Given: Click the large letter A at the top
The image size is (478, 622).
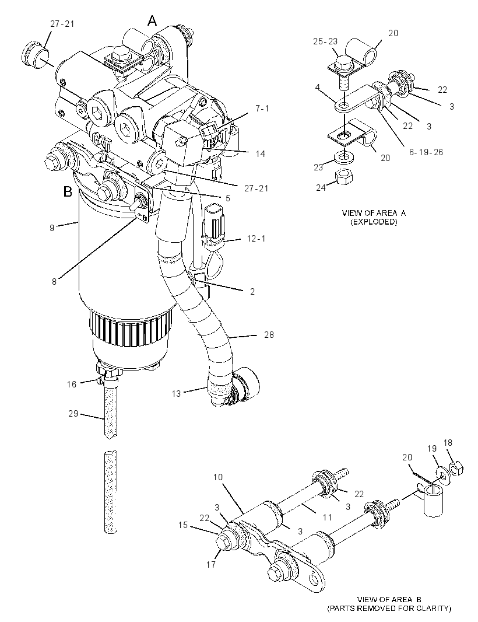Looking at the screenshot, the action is pos(152,20).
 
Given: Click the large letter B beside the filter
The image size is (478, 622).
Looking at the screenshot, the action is pos(68,192).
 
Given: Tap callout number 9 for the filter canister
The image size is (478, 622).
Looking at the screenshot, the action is pos(52,228).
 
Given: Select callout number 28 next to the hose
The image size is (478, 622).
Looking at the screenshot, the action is pos(269,335).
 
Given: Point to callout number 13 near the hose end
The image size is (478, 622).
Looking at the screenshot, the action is pos(177,393).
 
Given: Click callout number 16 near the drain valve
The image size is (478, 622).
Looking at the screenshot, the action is pos(72,384).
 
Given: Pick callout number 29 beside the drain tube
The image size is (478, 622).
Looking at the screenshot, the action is pos(73,413).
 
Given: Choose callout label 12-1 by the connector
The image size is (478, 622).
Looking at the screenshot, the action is pos(256,239).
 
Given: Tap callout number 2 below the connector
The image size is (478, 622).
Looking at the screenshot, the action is pos(252,292).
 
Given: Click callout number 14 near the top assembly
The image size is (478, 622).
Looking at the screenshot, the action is pos(261,153).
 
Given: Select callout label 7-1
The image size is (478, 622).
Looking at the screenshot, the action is pos(262,108).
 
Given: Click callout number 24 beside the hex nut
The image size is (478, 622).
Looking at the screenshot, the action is pos(321,187).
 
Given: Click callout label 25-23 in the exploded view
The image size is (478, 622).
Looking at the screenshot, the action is pos(325,41).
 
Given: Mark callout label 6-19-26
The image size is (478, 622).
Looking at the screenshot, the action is pos(426,152).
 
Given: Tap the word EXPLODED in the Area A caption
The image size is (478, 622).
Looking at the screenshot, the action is pos(374,222).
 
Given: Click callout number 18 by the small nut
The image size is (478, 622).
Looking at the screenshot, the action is pos(448,443).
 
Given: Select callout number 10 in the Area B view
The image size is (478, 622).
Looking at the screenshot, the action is pos(218,477).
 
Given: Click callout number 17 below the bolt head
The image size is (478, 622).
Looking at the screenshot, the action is pos(211,564).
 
